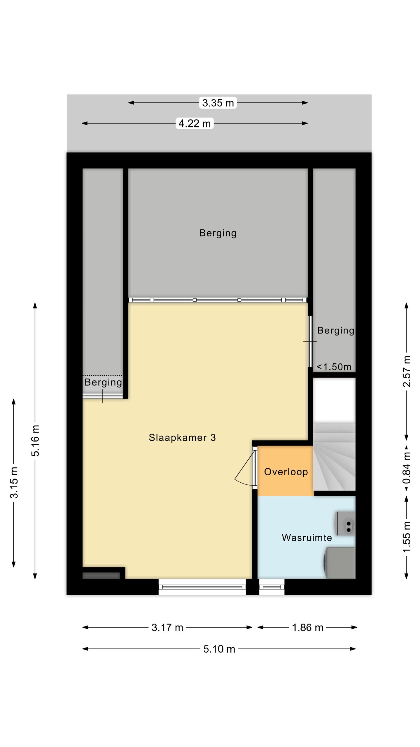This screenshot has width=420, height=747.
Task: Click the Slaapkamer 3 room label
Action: [x=182, y=437]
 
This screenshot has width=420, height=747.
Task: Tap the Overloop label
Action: [x=286, y=472]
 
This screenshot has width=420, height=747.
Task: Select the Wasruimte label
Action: [x=307, y=537]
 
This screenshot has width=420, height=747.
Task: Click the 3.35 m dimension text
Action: [x=218, y=103]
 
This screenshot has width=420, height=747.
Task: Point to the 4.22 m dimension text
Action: [x=195, y=123]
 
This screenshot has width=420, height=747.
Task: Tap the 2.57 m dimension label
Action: [x=407, y=371]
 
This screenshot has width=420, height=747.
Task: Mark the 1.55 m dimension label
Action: [x=407, y=537]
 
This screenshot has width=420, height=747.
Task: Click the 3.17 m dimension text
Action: [x=167, y=627]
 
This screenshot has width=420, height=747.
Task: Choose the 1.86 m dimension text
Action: [x=308, y=627]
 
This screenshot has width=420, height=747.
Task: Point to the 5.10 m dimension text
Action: [x=219, y=649]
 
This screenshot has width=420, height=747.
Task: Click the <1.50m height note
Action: [x=334, y=367]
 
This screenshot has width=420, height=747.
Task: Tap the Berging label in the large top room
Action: [x=218, y=233]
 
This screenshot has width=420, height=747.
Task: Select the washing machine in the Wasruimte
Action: [x=340, y=563]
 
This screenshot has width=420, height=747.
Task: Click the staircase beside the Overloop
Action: [x=334, y=456]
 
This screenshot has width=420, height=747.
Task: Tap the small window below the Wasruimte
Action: [x=272, y=587]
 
